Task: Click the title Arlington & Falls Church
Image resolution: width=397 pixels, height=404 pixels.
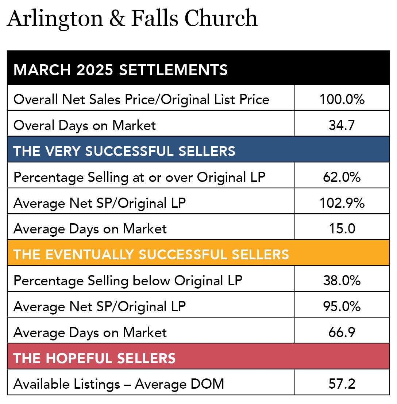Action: [x=132, y=18]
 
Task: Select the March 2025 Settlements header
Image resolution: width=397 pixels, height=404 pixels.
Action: [x=120, y=70]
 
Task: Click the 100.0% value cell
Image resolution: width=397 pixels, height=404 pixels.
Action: [x=342, y=99]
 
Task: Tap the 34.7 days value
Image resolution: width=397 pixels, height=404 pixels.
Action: [x=342, y=125]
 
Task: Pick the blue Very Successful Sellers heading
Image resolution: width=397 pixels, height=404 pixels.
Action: [x=124, y=151]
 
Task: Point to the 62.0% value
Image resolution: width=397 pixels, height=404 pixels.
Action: [x=342, y=177]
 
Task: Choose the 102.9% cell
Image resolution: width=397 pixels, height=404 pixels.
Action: [x=342, y=203]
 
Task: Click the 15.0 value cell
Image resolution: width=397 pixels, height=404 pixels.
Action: [x=342, y=229]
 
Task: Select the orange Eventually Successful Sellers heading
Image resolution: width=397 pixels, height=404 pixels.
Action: [x=151, y=255]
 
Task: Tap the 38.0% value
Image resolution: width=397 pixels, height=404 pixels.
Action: [x=342, y=281]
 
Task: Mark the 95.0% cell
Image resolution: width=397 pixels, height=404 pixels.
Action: [x=342, y=306]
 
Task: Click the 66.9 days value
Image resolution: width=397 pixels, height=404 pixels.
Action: [x=342, y=332]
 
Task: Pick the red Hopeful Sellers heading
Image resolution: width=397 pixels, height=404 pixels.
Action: [x=95, y=358]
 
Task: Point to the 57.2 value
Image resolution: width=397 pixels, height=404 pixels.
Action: [x=342, y=384]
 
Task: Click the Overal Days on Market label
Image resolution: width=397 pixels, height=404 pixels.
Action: [x=85, y=125]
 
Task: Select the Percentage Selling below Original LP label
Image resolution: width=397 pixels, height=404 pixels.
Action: [x=128, y=281]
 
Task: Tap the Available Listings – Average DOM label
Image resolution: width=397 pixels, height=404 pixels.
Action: [x=119, y=384]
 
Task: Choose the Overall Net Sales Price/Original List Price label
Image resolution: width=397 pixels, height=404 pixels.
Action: [x=141, y=99]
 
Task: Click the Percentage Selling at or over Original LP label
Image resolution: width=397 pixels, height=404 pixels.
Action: [x=139, y=177]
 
